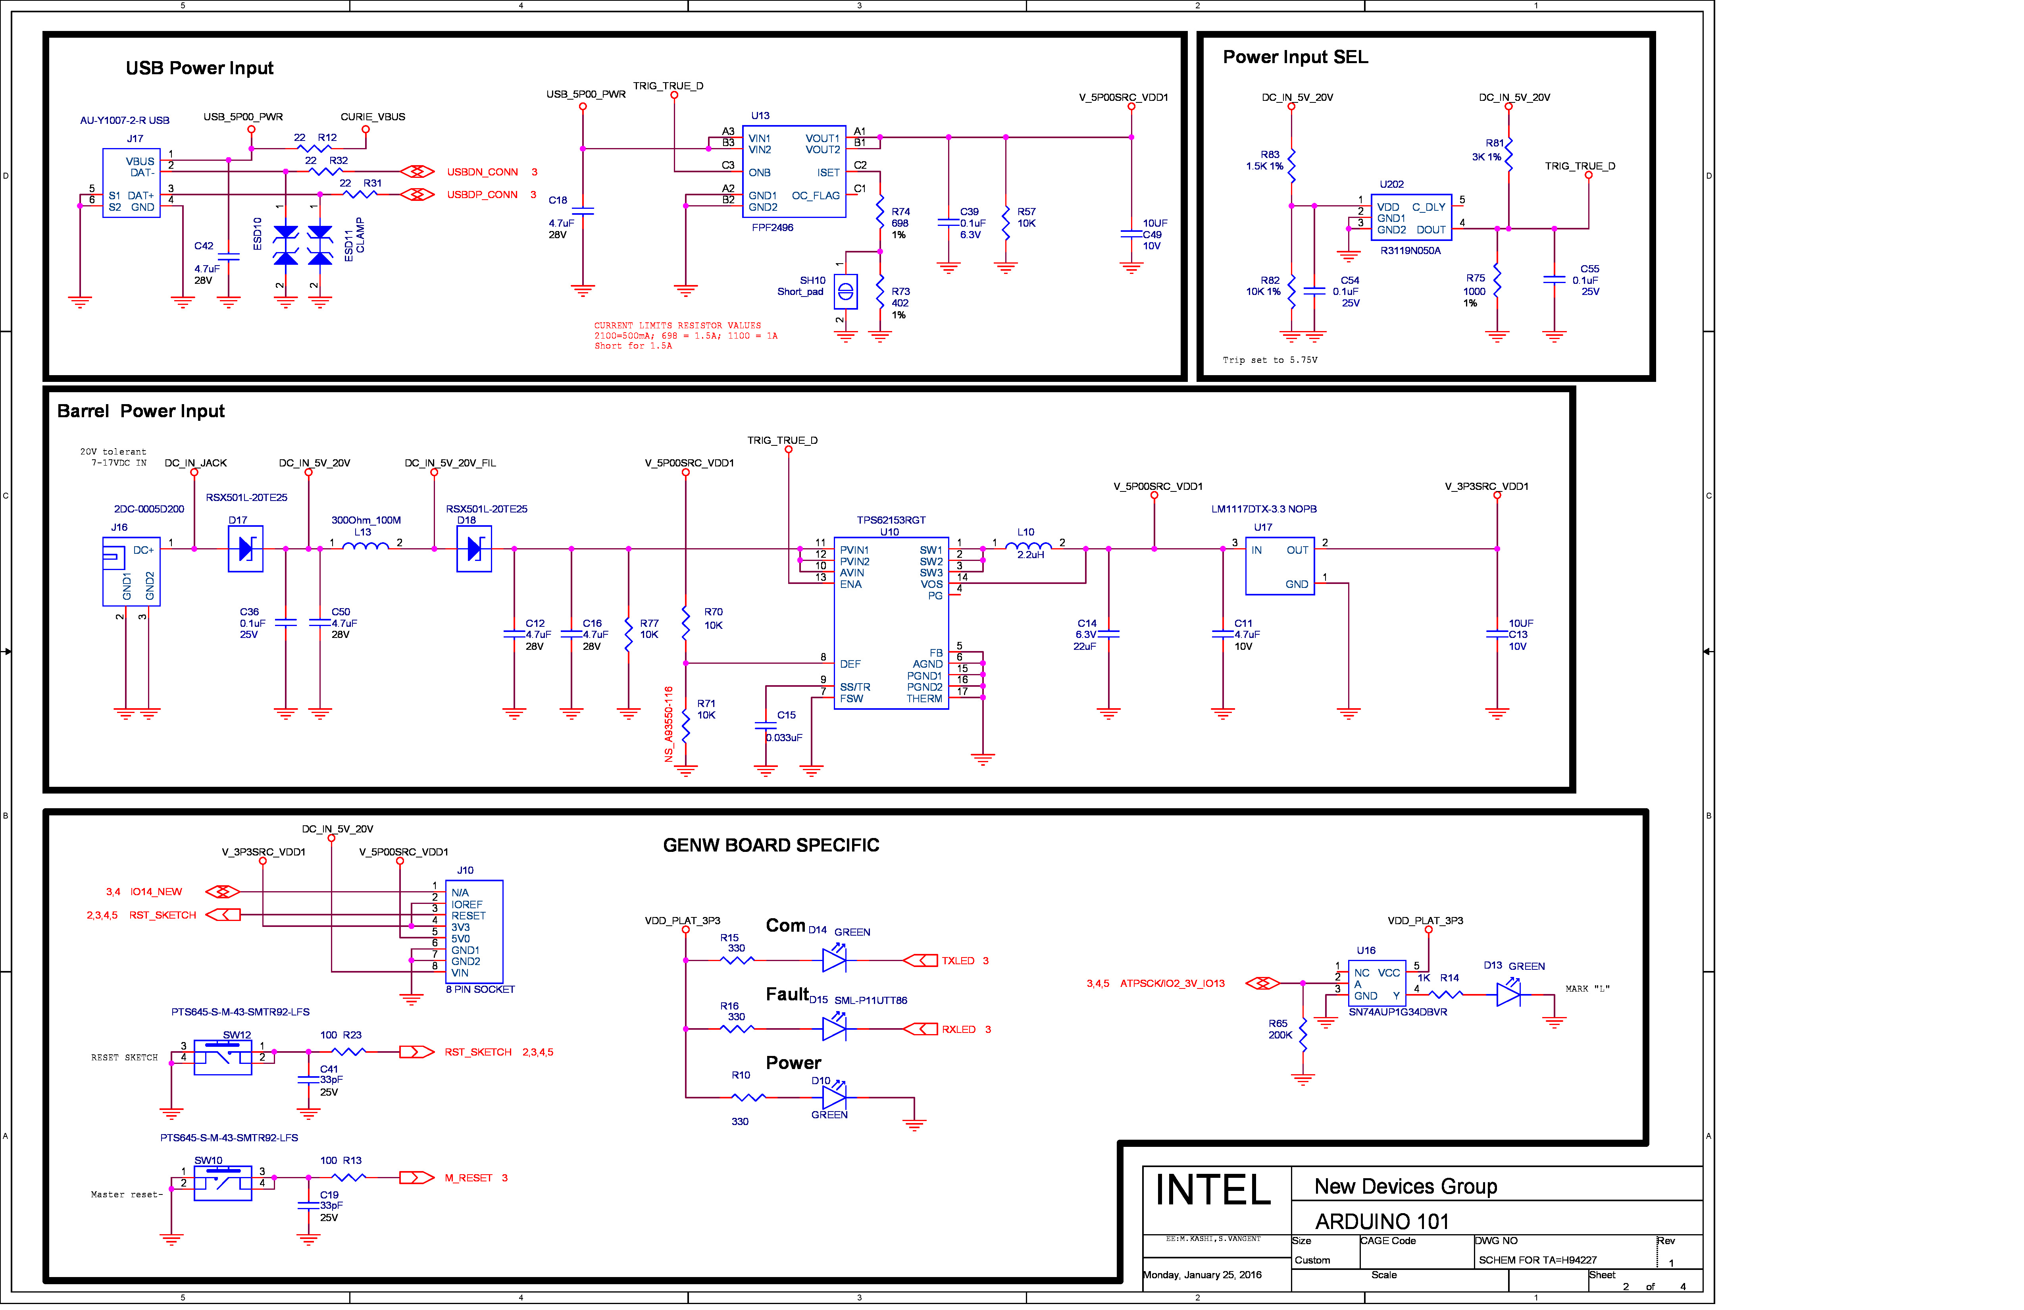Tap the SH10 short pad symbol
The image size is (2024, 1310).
tap(845, 292)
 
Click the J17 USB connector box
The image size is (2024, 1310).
tap(131, 183)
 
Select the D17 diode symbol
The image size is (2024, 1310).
tap(246, 549)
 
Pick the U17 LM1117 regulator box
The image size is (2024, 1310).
tap(1280, 566)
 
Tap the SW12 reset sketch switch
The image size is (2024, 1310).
tap(223, 1058)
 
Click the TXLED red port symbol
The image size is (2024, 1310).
tap(920, 960)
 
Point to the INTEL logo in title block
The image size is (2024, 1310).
tap(1213, 1190)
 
